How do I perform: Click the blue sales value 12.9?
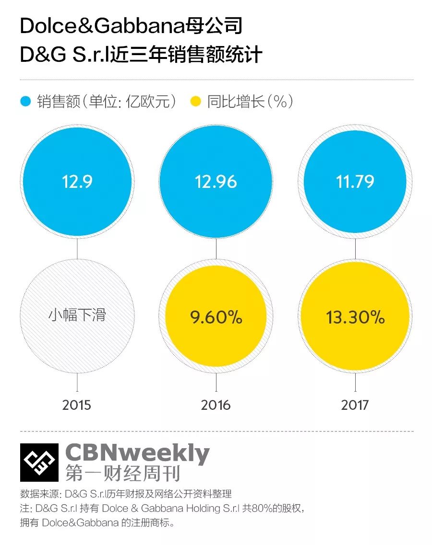[x=77, y=182]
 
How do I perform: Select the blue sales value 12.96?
[x=216, y=182]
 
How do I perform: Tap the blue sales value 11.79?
[x=355, y=182]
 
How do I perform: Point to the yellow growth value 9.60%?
[x=216, y=317]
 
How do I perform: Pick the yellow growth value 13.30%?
[x=355, y=317]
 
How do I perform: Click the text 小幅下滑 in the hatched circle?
[x=77, y=315]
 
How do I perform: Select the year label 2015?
[x=77, y=405]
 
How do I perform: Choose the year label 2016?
[x=216, y=405]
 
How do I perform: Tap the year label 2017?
[x=355, y=405]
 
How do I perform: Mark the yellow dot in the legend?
[x=196, y=102]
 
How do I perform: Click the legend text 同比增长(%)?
[x=250, y=102]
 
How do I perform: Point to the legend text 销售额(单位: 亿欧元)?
[x=107, y=102]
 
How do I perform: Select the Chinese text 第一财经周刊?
[x=123, y=474]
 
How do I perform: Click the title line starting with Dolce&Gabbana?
[x=131, y=26]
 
